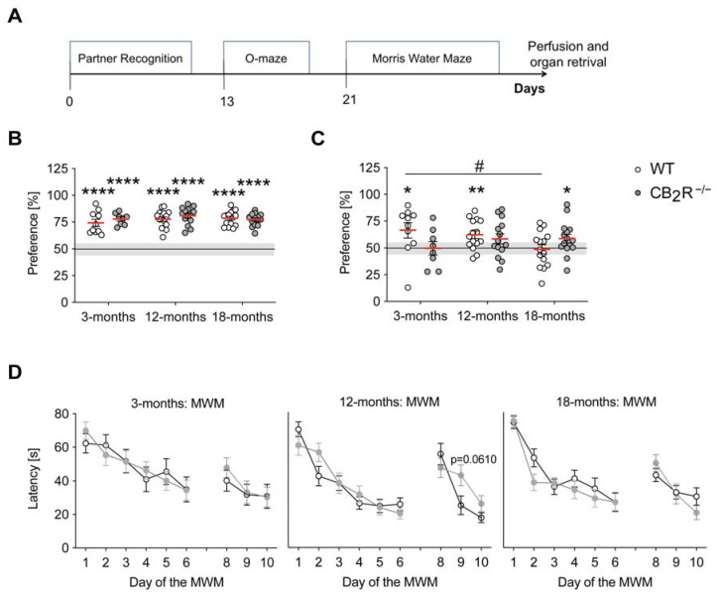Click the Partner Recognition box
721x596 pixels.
pos(129,59)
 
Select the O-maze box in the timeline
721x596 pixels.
pos(266,59)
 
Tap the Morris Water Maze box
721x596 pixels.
pos(421,59)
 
